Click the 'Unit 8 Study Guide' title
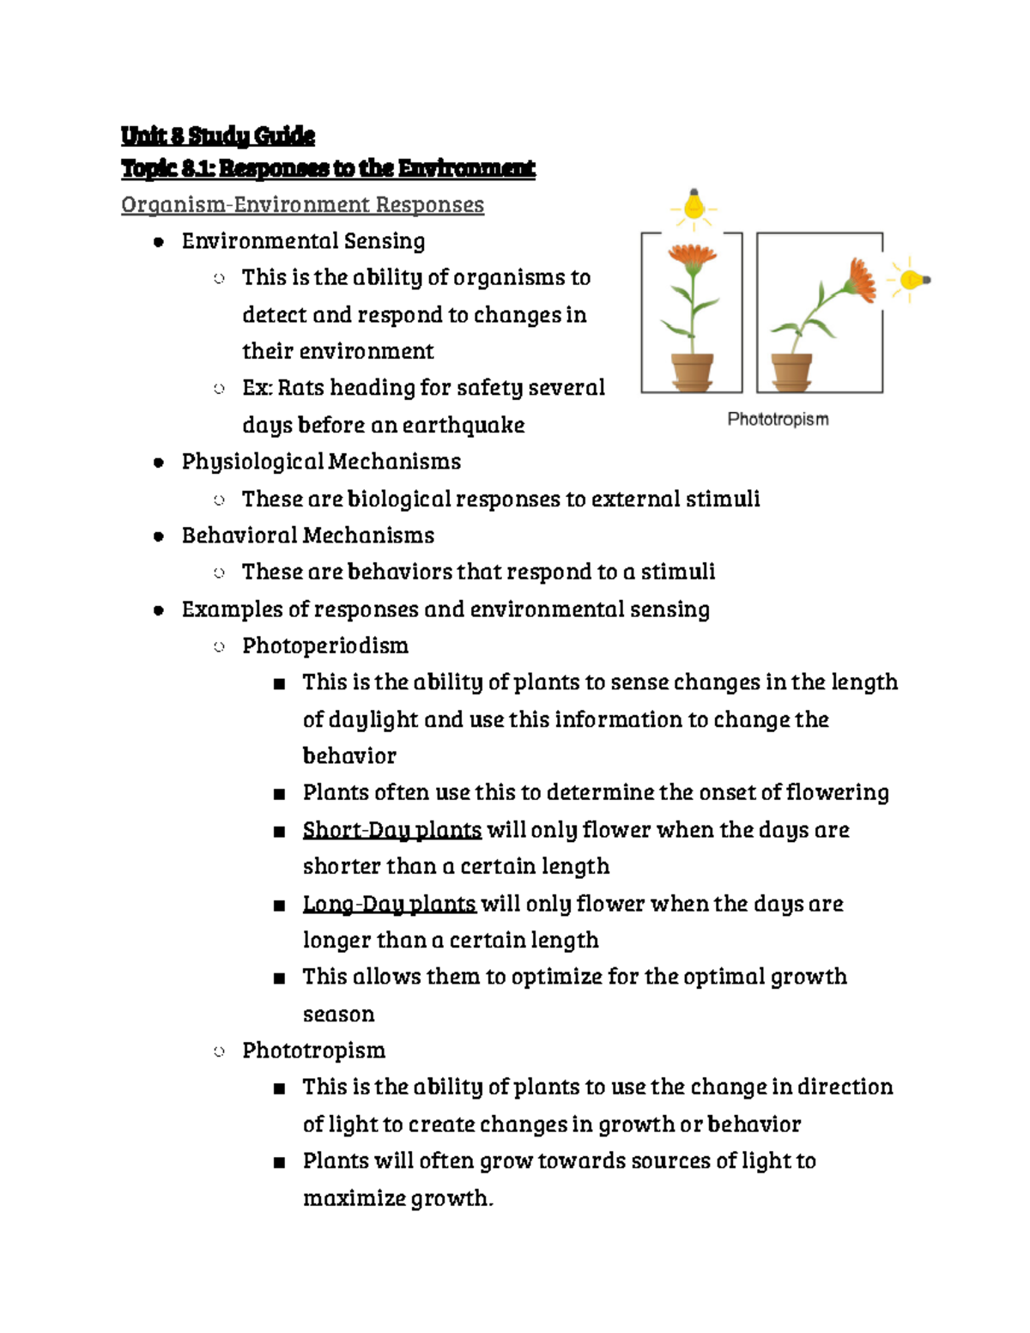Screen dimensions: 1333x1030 pyautogui.click(x=217, y=136)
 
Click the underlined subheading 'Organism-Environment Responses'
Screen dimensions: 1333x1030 pyautogui.click(x=302, y=205)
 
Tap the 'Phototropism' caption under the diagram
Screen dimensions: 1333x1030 pyautogui.click(x=778, y=419)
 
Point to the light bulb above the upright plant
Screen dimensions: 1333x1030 pyautogui.click(x=694, y=206)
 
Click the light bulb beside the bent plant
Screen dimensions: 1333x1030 pyautogui.click(x=911, y=279)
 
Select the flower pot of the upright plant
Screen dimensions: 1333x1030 pyautogui.click(x=692, y=371)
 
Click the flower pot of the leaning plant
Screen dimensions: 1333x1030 pyautogui.click(x=791, y=371)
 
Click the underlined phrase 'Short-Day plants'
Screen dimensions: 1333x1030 pyautogui.click(x=391, y=830)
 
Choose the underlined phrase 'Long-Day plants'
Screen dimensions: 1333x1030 pyautogui.click(x=389, y=904)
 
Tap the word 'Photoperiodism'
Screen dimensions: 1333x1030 pyautogui.click(x=324, y=645)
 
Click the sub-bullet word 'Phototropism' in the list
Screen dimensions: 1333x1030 pyautogui.click(x=313, y=1051)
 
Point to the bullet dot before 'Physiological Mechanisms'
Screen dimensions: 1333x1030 pyautogui.click(x=158, y=463)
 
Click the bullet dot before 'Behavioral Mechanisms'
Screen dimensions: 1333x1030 pyautogui.click(x=158, y=536)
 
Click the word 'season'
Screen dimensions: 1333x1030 pyautogui.click(x=338, y=1015)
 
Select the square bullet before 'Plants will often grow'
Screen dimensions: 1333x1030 pyautogui.click(x=278, y=1163)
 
